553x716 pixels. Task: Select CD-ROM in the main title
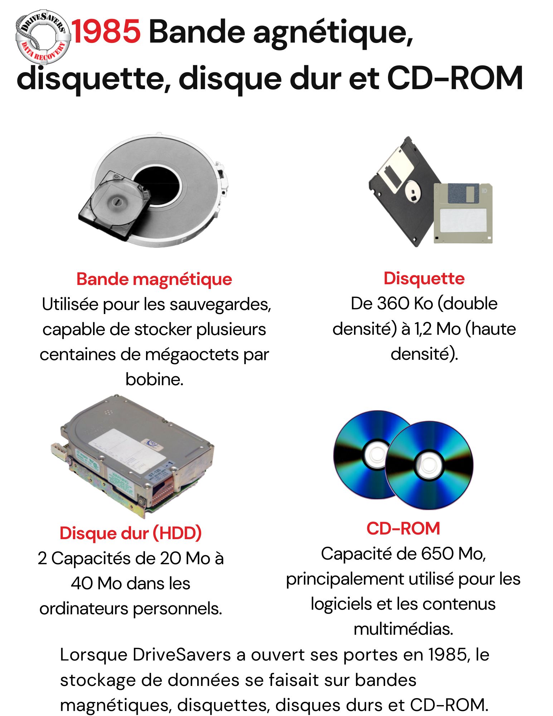[x=455, y=78]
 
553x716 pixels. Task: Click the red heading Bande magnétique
[x=154, y=279]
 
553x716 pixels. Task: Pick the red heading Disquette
[x=424, y=278]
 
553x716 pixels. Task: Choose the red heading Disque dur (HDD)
[x=131, y=533]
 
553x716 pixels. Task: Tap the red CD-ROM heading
[x=403, y=528]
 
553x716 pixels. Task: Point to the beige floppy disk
[x=463, y=213]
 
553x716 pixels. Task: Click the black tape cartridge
[x=115, y=205]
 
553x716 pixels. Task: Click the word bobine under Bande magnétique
[x=154, y=379]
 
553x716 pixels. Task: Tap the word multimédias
[x=403, y=629]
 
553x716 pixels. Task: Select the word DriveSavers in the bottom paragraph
[x=182, y=655]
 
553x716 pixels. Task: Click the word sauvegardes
[x=220, y=305]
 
